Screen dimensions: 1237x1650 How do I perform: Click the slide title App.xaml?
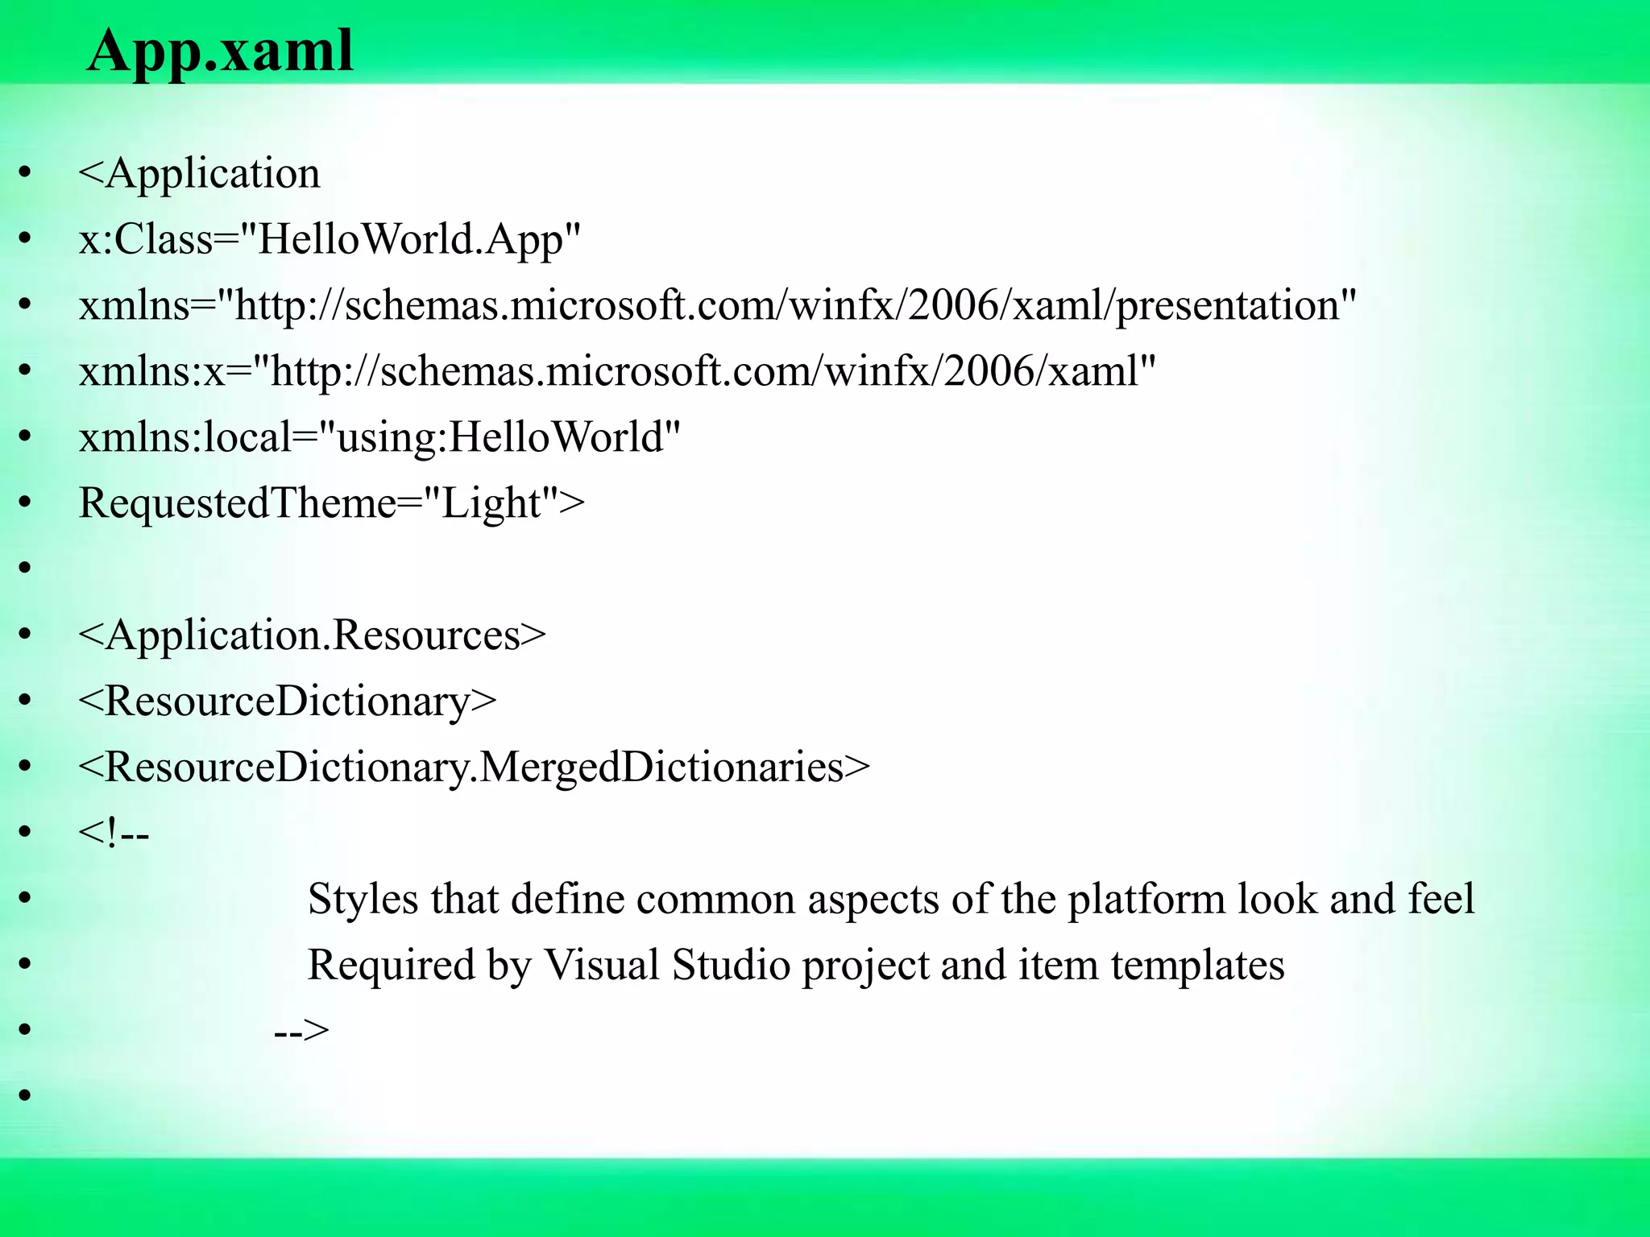tap(220, 51)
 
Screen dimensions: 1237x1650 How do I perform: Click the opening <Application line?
tap(199, 174)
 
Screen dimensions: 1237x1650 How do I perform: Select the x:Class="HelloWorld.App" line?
tap(330, 239)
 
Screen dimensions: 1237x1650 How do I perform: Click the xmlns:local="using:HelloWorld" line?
tap(379, 438)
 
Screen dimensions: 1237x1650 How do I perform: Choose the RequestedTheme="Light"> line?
tap(331, 504)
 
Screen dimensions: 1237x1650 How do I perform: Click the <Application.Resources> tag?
tap(312, 635)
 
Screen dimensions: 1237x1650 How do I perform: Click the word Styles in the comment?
tap(363, 900)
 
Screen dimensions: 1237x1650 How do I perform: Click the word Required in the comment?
tap(391, 966)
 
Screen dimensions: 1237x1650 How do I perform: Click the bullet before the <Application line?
tap(25, 172)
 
